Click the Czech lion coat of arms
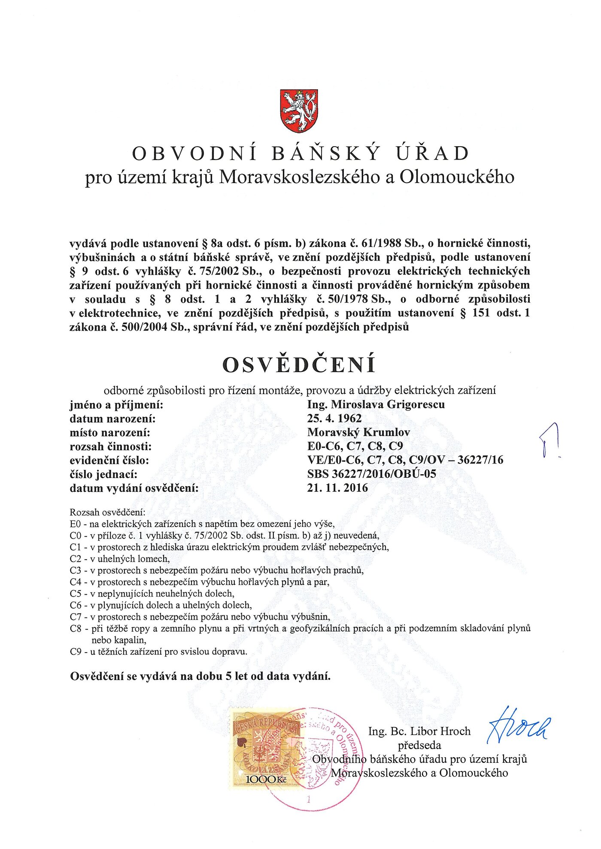pyautogui.click(x=299, y=111)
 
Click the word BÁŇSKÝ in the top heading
pyautogui.click(x=326, y=154)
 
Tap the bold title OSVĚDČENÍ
pyautogui.click(x=299, y=365)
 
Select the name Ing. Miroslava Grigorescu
pyautogui.click(x=376, y=404)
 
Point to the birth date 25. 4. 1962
pyautogui.click(x=334, y=418)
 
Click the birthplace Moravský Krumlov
pyautogui.click(x=358, y=432)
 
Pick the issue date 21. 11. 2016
pyautogui.click(x=337, y=488)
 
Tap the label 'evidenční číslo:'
pyautogui.click(x=109, y=460)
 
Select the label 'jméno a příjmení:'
pyautogui.click(x=116, y=404)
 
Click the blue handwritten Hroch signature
pyautogui.click(x=518, y=726)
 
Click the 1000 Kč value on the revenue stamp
pyautogui.click(x=266, y=779)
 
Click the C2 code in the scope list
pyautogui.click(x=76, y=559)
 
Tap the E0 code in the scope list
pyautogui.click(x=76, y=524)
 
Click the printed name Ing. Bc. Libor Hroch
pyautogui.click(x=419, y=731)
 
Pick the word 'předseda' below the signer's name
pyautogui.click(x=419, y=745)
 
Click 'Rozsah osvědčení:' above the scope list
pyautogui.click(x=107, y=512)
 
